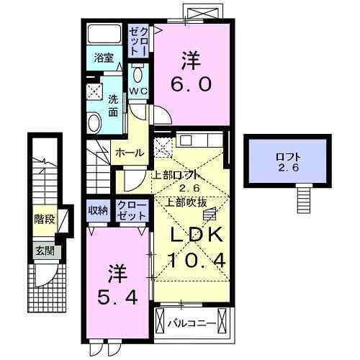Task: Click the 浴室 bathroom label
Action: coord(105,58)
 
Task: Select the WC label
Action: coord(138,91)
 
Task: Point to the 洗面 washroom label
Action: coord(113,106)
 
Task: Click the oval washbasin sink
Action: coord(95,122)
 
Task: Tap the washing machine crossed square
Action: coord(96,91)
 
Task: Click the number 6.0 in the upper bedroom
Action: coord(191,84)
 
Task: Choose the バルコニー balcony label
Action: coord(192,323)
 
